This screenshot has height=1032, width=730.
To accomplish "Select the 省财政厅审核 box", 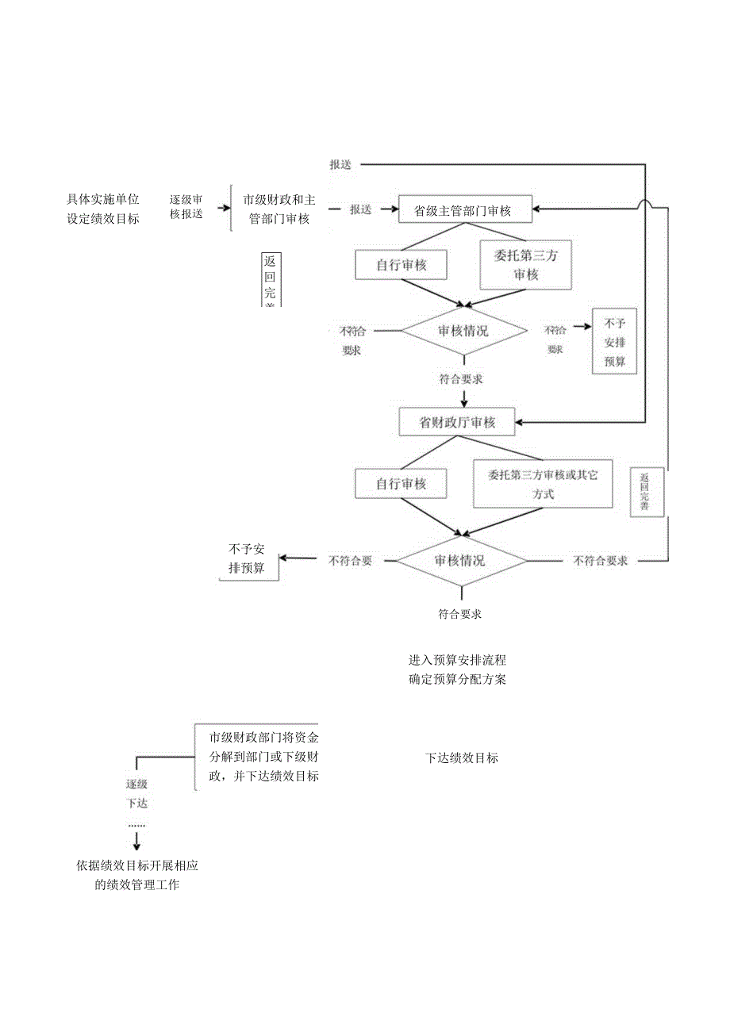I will pos(457,422).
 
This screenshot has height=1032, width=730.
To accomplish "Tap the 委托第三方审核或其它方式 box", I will pos(543,484).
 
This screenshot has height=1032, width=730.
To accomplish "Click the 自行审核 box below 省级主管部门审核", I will pos(401,265).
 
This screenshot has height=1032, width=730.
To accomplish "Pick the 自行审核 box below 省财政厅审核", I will pos(401,483).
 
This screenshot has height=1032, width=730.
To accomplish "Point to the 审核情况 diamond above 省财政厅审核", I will pos(463,331).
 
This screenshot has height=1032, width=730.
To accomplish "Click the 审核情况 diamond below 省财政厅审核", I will pos(461,560).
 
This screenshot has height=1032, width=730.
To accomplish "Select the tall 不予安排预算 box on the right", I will pos(614,342).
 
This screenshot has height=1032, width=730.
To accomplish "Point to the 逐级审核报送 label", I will pos(186,208).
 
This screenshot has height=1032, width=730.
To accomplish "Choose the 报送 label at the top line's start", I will pos(341,164).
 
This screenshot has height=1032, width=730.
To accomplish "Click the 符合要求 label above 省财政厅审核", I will pos(461,379).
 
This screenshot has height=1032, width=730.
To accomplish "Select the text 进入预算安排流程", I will pos(457,660).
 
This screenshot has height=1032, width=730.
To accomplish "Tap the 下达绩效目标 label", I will pos(462,758).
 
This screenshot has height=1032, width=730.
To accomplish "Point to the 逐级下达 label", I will pos(137,793).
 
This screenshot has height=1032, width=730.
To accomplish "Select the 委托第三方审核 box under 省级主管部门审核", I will pos(525,265).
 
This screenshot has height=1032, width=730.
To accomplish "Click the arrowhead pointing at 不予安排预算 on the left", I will pos(283,558).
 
